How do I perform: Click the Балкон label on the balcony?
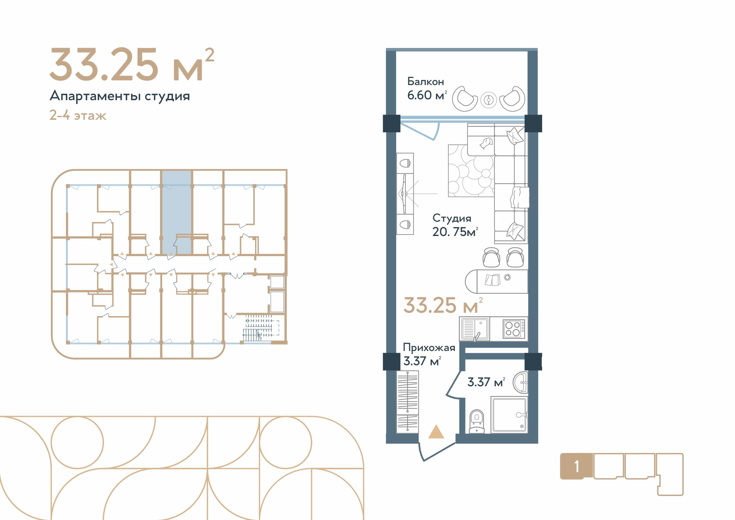click(425, 82)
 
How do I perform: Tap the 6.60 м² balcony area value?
click(427, 95)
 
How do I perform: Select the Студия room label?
click(452, 218)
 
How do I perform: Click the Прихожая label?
click(429, 348)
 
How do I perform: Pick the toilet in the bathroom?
click(477, 421)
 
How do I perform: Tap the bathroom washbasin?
click(520, 382)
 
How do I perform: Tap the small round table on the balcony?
click(489, 100)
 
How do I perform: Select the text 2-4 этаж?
click(78, 115)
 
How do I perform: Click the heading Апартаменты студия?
click(120, 96)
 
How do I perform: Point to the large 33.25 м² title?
click(132, 65)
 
